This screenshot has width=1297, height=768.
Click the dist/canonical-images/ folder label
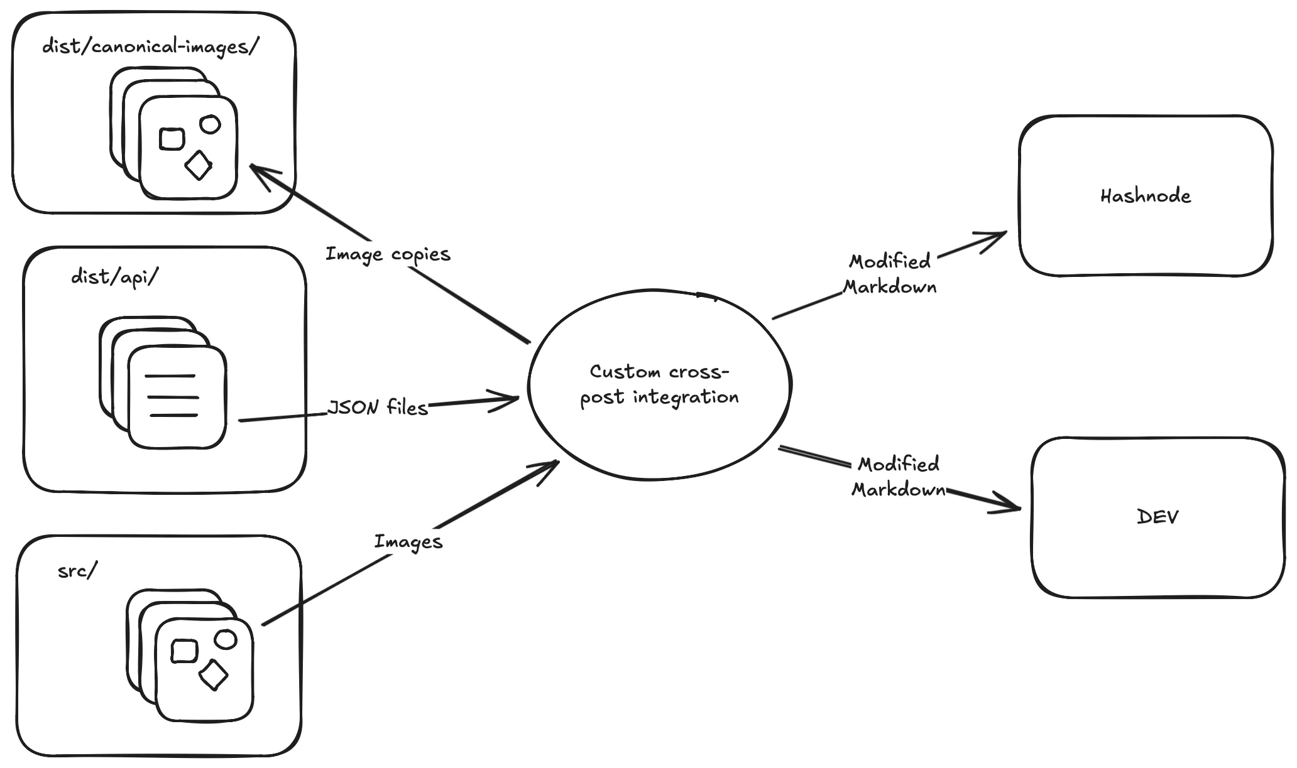[150, 47]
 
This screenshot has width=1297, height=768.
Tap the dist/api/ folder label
[115, 276]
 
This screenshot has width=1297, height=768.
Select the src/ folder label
[78, 571]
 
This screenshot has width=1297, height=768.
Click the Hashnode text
[1145, 196]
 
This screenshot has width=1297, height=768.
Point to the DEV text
[1157, 517]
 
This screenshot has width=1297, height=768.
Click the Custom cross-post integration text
[659, 384]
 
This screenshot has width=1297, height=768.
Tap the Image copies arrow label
[388, 254]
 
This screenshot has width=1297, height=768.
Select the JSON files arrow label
[378, 408]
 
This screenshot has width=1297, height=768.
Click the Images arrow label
[408, 541]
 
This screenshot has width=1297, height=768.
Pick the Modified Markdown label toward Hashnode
[889, 274]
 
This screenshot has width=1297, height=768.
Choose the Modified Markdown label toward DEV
[899, 477]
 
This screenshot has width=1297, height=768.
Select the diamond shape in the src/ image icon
[213, 674]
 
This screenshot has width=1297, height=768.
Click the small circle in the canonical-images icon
[210, 124]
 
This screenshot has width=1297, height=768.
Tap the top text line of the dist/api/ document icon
[170, 376]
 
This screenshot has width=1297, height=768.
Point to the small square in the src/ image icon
[184, 651]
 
